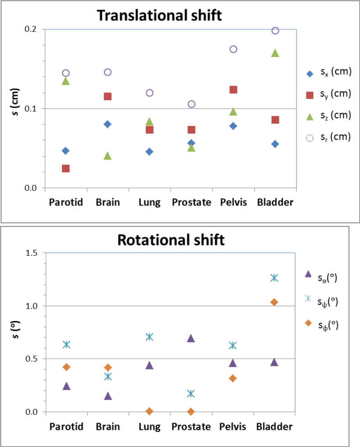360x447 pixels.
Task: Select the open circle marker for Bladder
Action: pyautogui.click(x=275, y=31)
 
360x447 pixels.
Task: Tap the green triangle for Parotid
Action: pyautogui.click(x=66, y=81)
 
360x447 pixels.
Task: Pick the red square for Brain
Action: pyautogui.click(x=108, y=96)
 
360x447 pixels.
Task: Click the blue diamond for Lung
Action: pyautogui.click(x=149, y=151)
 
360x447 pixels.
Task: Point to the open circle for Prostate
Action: pyautogui.click(x=191, y=104)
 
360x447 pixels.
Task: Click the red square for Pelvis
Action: pyautogui.click(x=233, y=90)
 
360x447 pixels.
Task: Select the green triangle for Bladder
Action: pyautogui.click(x=275, y=53)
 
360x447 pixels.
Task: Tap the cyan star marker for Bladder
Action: pyautogui.click(x=274, y=278)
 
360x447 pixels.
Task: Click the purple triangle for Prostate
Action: pyautogui.click(x=191, y=338)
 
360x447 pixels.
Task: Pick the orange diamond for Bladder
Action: pyautogui.click(x=274, y=302)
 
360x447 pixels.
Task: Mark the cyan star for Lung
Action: pyautogui.click(x=150, y=337)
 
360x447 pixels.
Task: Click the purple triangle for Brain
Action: pyautogui.click(x=108, y=396)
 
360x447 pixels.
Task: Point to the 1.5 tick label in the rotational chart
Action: pyautogui.click(x=32, y=253)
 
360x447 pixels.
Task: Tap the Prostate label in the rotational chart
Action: pyautogui.click(x=191, y=427)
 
